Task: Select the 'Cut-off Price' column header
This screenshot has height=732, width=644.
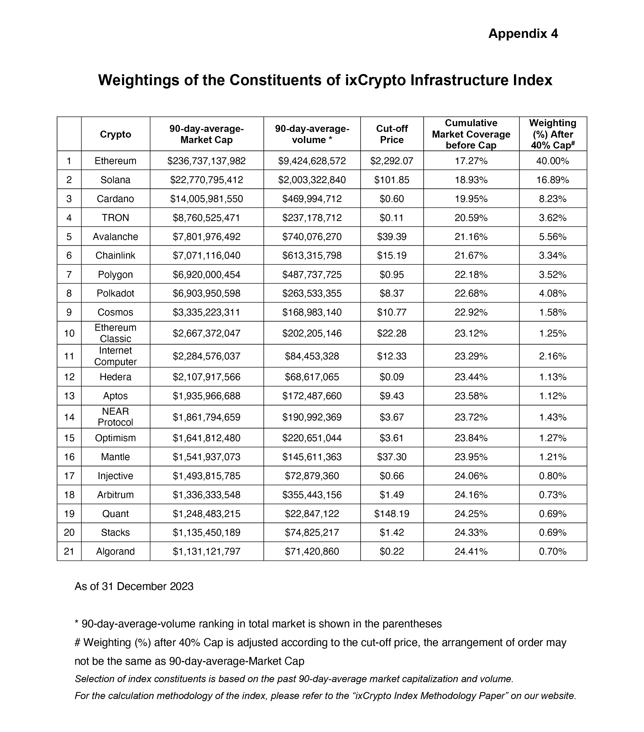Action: coord(392,134)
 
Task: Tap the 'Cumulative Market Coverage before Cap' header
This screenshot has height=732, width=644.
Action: coord(471,134)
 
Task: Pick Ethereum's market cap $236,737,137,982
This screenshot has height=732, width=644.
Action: coord(207,161)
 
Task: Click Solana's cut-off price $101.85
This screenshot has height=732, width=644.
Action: coord(392,180)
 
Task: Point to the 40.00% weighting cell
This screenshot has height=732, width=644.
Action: coord(552,161)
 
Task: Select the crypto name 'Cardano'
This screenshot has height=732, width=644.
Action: coord(115,199)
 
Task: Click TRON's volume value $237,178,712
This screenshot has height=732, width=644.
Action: coord(312,218)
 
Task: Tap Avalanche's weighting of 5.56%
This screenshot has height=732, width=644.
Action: coord(552,237)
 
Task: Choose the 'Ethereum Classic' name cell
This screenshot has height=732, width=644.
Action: coord(115,333)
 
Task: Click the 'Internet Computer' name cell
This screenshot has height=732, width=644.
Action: coord(115,356)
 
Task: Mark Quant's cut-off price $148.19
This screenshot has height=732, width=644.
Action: coord(392,514)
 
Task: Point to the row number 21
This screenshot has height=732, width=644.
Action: coord(69,552)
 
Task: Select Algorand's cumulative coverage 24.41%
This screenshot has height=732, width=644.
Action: coord(471,552)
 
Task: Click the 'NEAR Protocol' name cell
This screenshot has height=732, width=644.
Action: coord(115,417)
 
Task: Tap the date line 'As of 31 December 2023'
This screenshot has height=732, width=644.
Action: coord(134,587)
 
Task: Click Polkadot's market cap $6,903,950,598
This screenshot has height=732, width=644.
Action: coord(207,293)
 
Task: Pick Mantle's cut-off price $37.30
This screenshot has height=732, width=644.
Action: coord(392,457)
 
